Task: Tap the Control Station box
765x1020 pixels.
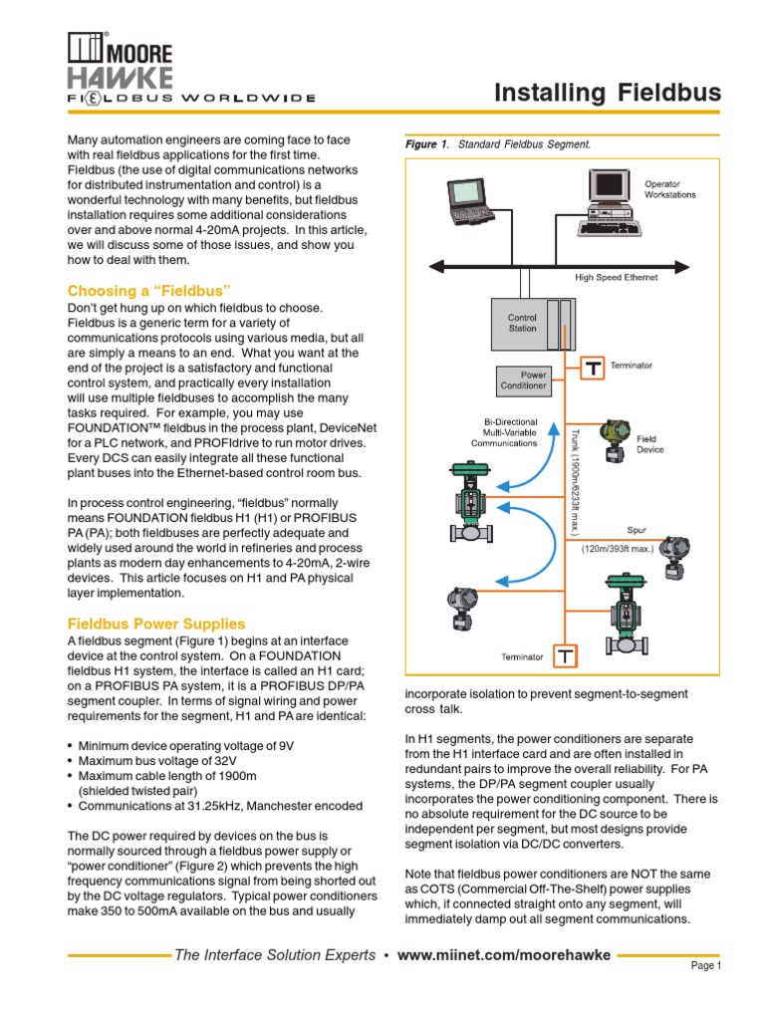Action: [524, 321]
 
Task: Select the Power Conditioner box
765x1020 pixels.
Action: [522, 380]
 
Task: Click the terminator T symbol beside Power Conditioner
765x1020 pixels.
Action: [594, 369]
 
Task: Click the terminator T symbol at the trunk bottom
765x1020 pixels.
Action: [565, 656]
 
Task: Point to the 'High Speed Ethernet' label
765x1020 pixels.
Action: [616, 278]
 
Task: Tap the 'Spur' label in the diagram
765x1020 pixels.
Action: [637, 531]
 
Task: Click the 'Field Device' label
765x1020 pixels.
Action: [646, 443]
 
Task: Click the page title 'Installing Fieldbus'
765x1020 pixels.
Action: [608, 94]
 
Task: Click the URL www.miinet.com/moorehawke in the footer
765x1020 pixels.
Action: [503, 956]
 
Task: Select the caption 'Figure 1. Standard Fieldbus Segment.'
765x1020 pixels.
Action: [498, 145]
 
